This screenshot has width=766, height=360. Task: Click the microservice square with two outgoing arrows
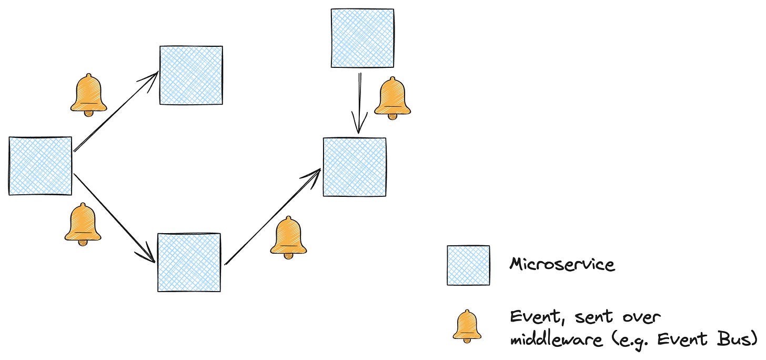(x=40, y=166)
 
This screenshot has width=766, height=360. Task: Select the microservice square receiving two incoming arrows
(x=354, y=167)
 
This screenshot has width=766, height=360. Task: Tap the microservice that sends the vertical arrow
(x=362, y=38)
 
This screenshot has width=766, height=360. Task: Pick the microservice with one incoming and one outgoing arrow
(x=189, y=262)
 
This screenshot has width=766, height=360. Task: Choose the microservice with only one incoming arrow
(x=191, y=75)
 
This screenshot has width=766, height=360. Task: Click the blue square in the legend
(x=468, y=265)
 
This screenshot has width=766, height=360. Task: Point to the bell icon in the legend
(x=467, y=326)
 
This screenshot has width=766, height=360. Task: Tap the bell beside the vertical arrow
(x=392, y=98)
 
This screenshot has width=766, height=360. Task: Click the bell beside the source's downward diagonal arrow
(x=83, y=224)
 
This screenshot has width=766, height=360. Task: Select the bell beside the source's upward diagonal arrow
(x=88, y=95)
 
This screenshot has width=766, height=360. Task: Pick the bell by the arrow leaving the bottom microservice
(x=288, y=238)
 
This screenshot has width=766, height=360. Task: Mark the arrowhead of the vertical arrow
(x=359, y=128)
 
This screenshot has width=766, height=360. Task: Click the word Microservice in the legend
(x=562, y=264)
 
